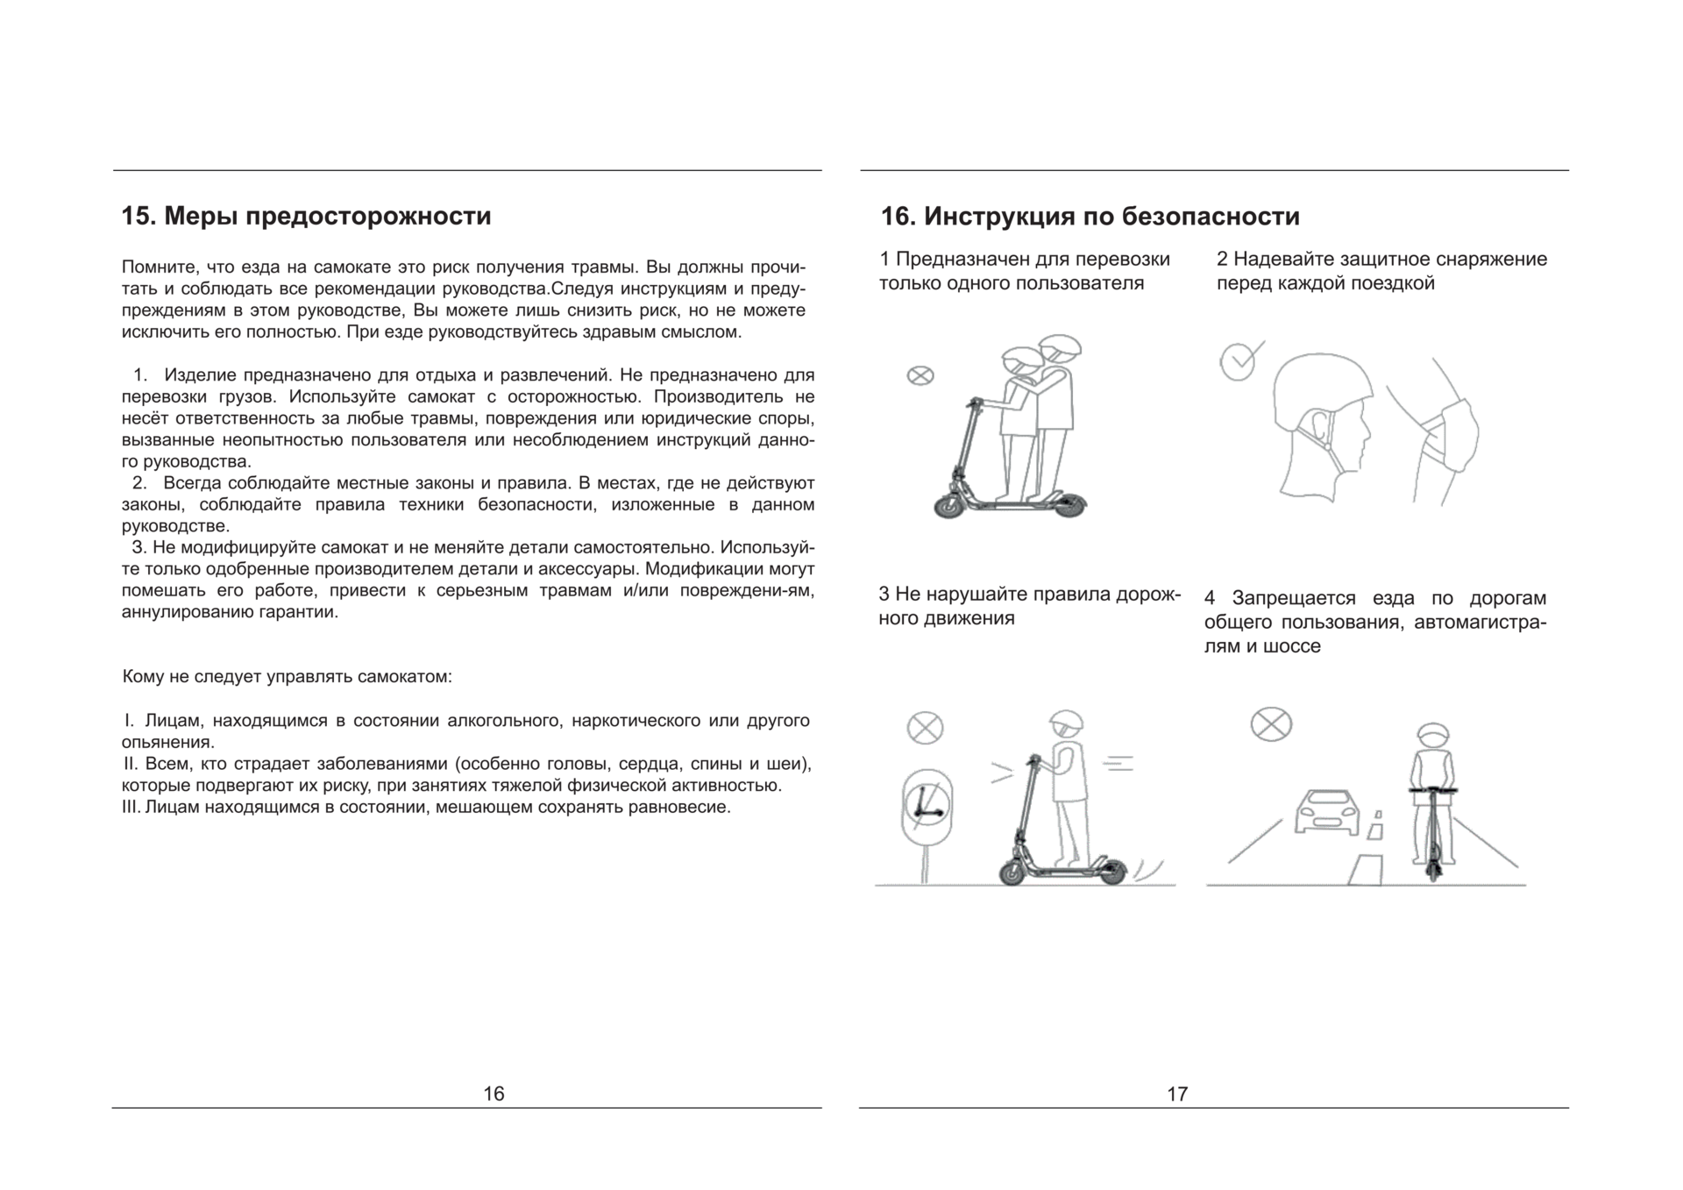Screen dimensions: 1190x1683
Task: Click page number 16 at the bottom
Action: tap(494, 1094)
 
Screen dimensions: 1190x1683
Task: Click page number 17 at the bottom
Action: tap(1177, 1094)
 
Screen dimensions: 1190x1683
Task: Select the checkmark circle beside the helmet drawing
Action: tap(1238, 362)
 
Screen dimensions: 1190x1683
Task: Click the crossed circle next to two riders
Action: tap(920, 376)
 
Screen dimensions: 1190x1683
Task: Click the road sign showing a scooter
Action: tap(927, 808)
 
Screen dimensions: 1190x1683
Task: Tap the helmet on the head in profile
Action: tap(1322, 385)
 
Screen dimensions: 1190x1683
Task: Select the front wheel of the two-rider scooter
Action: tap(950, 506)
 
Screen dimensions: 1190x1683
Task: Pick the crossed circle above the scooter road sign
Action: tap(925, 728)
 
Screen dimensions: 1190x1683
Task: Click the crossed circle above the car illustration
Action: tap(1270, 724)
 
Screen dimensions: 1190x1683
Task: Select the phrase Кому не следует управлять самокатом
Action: tap(287, 677)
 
